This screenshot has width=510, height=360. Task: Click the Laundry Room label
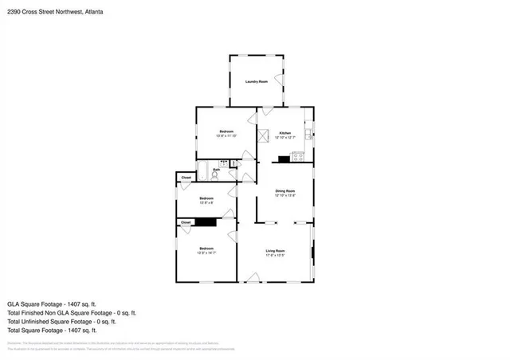click(257, 81)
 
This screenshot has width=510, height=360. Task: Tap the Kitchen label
click(284, 133)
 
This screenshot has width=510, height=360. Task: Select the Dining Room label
click(285, 191)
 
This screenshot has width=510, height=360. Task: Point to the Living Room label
click(275, 251)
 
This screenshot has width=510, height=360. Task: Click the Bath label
click(215, 170)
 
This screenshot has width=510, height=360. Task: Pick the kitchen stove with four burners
click(299, 157)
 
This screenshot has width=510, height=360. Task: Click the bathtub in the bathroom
click(202, 170)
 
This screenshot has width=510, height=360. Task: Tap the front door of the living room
click(253, 276)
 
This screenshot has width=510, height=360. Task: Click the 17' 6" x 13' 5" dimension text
click(275, 256)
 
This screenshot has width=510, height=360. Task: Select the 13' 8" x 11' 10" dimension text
click(227, 136)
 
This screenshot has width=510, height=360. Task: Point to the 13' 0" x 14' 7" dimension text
click(206, 254)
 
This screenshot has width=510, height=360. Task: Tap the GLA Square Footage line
click(51, 303)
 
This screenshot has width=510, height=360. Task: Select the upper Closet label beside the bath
click(186, 177)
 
